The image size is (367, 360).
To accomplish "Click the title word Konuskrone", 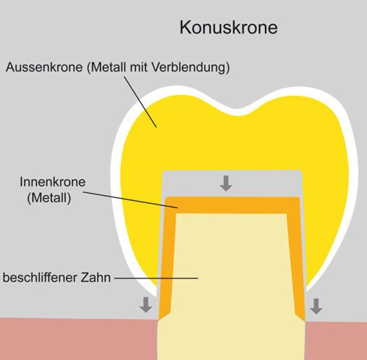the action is tap(228, 27).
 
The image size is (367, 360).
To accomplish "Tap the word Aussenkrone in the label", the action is tap(44, 67).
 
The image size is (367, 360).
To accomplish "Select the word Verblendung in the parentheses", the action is tap(191, 67).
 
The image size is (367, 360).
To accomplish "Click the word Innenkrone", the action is tap(53, 182).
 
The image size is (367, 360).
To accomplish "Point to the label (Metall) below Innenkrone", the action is tap(49, 198).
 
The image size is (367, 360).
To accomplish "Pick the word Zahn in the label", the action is tap(95, 277).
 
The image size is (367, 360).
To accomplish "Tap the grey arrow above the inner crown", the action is tap(226, 183).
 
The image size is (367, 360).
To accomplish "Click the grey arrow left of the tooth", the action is tap(146, 305).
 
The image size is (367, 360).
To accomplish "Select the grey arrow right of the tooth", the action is tap(316, 306).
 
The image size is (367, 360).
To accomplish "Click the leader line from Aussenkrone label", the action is tap(140, 102).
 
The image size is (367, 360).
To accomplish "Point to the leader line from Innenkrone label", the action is tap(131, 200).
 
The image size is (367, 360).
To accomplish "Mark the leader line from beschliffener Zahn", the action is tap(156, 278).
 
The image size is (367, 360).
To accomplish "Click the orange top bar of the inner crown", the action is tap(233, 205).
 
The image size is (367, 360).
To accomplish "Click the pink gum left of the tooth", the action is tap(79, 339).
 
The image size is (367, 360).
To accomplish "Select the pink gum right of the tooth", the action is tap(336, 341).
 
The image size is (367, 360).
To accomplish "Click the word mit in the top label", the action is tap(139, 67).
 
